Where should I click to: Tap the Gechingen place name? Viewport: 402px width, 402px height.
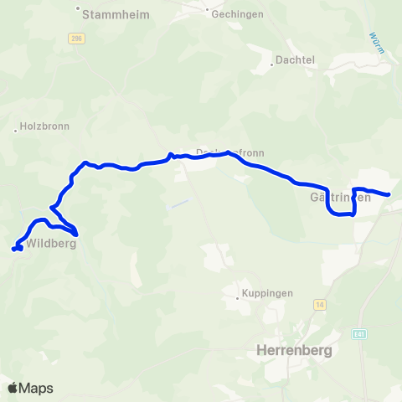point(239,14)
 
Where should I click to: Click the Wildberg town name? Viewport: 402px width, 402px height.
point(51,245)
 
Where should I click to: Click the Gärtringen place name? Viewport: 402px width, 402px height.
point(340,197)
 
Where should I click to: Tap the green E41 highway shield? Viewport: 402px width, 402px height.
point(359,334)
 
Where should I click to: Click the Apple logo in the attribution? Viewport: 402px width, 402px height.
point(13,388)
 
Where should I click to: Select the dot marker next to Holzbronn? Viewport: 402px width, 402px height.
point(16,131)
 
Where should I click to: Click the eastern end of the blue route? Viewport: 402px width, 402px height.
point(389,195)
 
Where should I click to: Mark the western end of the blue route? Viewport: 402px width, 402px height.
point(13,249)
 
